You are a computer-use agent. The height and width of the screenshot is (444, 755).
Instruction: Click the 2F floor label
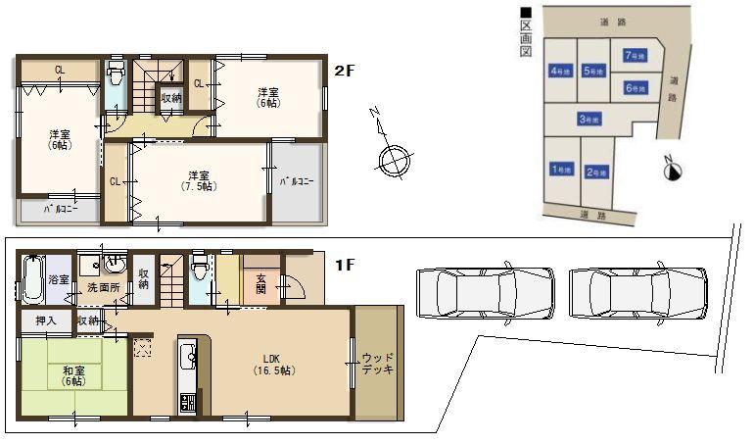click(344, 71)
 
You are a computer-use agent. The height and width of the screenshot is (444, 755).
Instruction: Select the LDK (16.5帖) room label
click(273, 365)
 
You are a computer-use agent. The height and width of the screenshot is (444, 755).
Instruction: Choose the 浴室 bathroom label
click(60, 280)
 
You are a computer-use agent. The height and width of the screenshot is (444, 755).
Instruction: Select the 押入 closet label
click(46, 321)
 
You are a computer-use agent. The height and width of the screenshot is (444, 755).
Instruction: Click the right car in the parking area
click(637, 291)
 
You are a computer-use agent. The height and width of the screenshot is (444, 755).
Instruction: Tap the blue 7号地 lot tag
click(633, 55)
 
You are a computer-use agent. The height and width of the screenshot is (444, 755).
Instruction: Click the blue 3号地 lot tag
click(589, 120)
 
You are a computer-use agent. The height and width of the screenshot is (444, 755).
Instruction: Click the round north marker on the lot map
click(672, 172)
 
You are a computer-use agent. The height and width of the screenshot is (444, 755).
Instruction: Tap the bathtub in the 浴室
click(31, 279)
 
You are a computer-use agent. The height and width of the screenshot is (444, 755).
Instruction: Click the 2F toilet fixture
click(116, 75)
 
